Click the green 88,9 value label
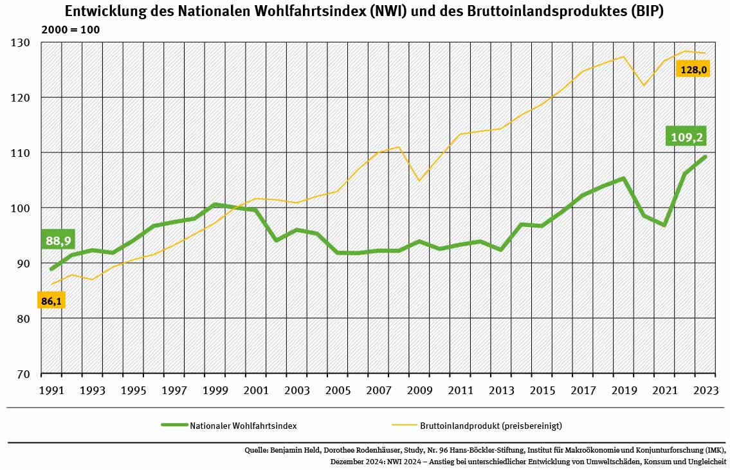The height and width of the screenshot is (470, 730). point(57,240)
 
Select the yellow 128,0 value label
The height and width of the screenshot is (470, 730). point(693,69)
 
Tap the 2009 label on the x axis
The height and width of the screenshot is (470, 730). point(419,390)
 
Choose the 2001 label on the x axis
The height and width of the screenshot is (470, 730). point(255,390)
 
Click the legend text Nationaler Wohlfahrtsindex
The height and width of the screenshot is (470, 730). point(243,425)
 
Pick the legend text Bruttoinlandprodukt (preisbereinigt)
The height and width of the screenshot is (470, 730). point(491,425)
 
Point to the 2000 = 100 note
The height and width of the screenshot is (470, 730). point(71,30)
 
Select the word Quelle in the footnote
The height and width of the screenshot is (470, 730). point(257,449)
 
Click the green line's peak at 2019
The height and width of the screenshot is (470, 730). point(624,178)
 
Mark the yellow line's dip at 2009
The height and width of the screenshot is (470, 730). point(419,181)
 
